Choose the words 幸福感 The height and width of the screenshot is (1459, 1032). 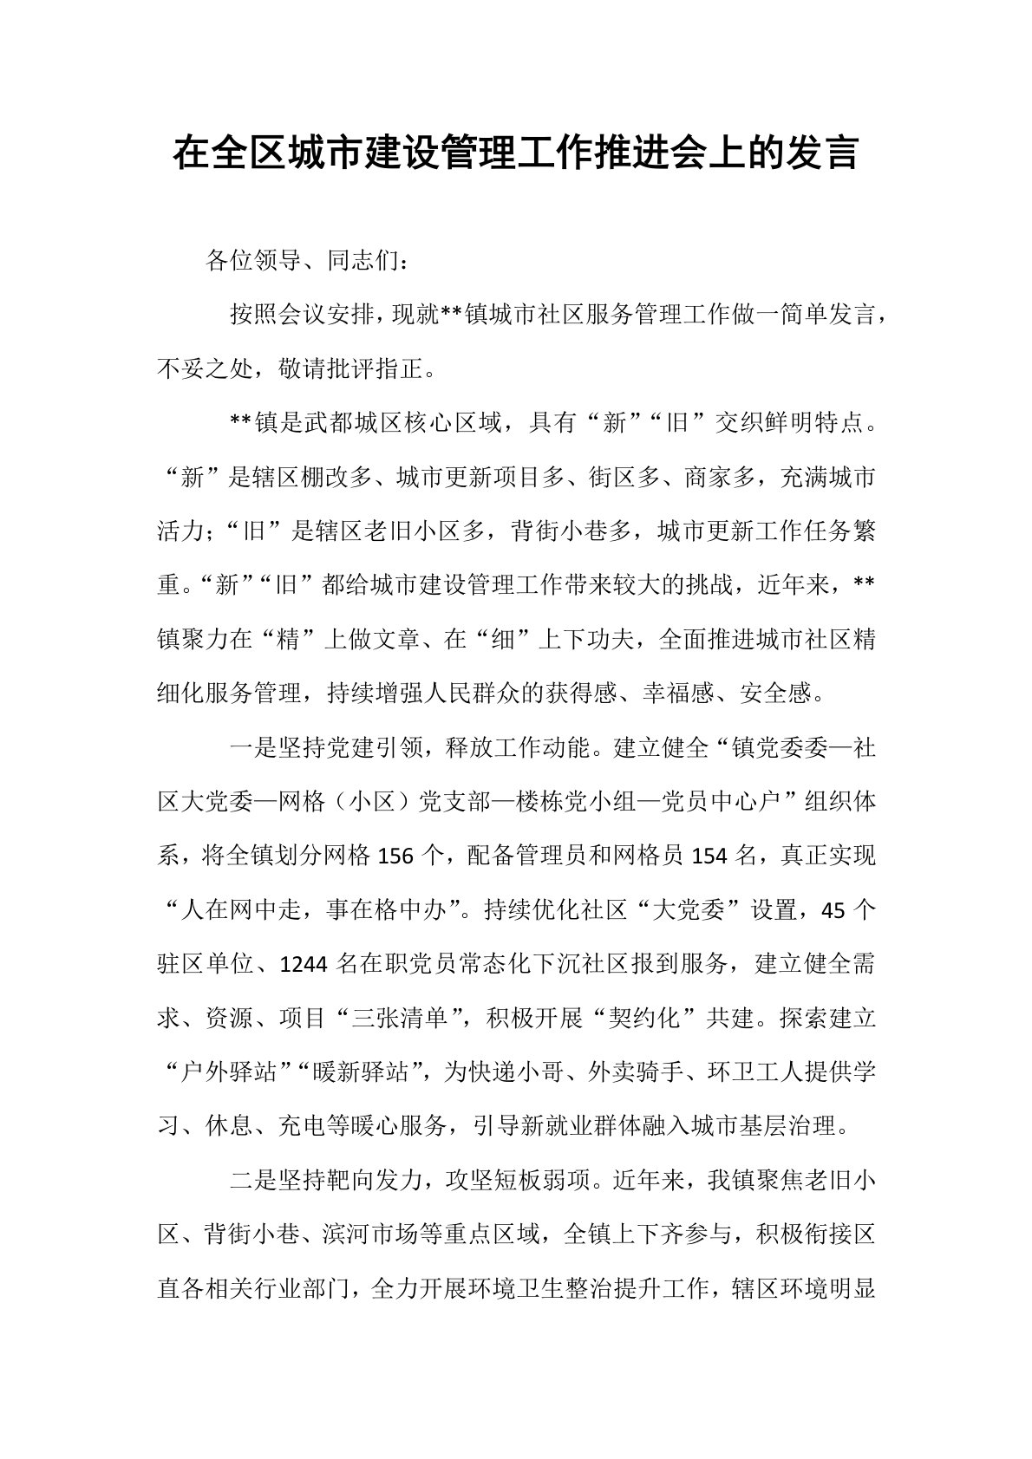tap(678, 694)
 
